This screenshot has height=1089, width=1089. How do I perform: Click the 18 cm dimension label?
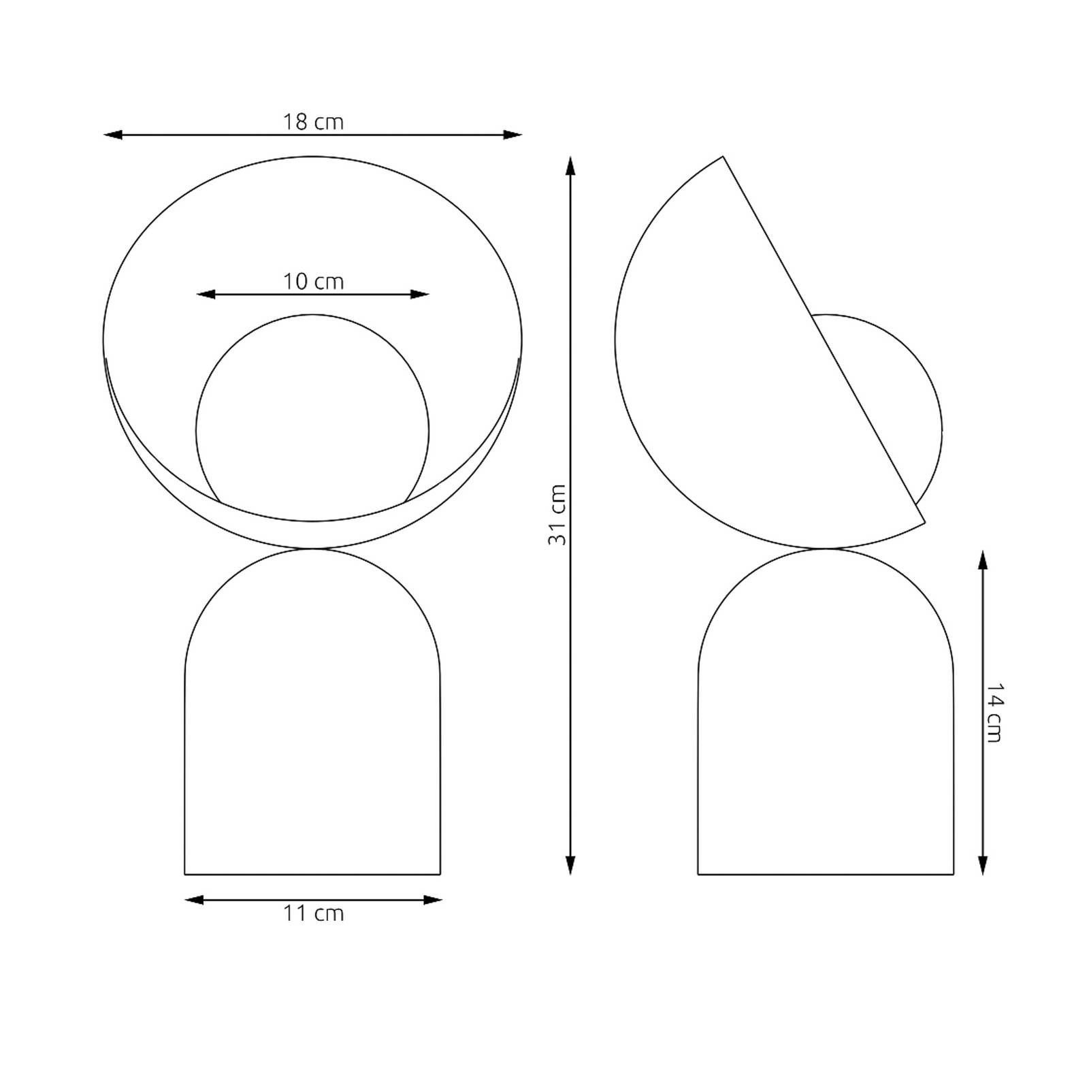coord(313,123)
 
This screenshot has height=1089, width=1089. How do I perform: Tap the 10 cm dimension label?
coord(313,282)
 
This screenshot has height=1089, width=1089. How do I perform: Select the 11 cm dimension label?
coord(313,913)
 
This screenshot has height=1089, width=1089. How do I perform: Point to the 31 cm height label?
coord(557,515)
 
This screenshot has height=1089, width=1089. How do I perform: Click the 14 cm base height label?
coord(994,712)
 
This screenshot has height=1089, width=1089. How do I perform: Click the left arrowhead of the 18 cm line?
coord(113,135)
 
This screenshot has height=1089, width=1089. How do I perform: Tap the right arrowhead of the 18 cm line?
coord(513,135)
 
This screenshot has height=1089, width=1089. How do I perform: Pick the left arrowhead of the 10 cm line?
coord(206,295)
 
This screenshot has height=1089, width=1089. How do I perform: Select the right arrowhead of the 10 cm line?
coord(420,295)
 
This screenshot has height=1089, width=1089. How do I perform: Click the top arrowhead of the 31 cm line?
coord(570,166)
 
